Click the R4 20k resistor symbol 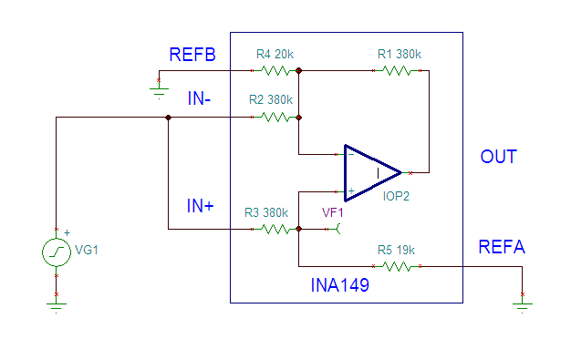[275, 69]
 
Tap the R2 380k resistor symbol [275, 117]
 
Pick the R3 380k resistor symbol [275, 230]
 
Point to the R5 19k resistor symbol [399, 266]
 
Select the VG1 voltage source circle [57, 252]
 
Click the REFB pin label [192, 55]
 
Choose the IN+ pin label [201, 207]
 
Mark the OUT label [498, 157]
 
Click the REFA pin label [502, 247]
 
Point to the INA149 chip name [340, 285]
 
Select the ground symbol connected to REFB [160, 92]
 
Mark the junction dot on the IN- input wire [168, 118]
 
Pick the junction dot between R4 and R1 [299, 69]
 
